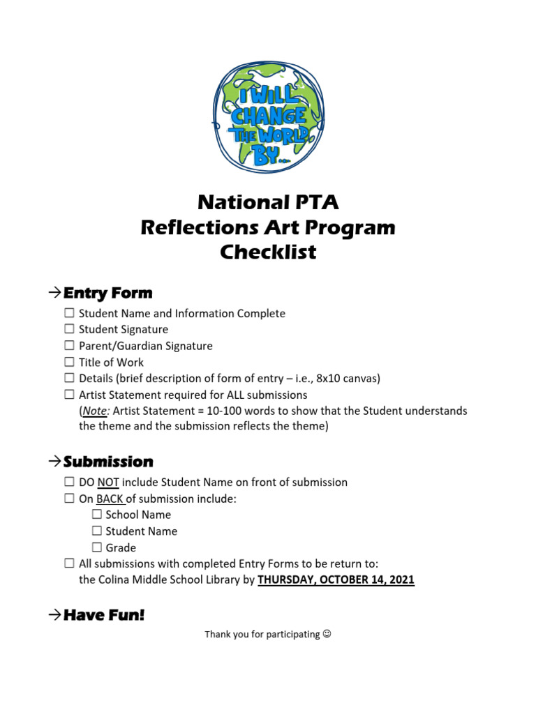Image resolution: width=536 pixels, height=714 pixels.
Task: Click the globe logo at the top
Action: point(268,117)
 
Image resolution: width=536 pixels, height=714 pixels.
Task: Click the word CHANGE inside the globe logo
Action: point(268,115)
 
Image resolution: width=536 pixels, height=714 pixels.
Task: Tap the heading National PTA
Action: point(268,202)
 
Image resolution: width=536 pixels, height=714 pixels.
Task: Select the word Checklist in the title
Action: point(268,252)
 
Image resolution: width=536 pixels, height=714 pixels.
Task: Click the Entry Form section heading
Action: point(107,293)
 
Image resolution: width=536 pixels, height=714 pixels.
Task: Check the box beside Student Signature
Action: point(69,329)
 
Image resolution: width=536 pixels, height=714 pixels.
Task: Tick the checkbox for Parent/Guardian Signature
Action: point(69,346)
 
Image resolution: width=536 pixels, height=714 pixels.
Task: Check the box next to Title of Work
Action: point(69,362)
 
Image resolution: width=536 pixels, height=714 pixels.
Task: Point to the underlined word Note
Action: point(95,411)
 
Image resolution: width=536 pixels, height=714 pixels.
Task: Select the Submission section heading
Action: point(108,462)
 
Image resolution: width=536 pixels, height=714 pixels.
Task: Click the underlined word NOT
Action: point(108,482)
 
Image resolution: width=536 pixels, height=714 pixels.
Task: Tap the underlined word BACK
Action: point(110,499)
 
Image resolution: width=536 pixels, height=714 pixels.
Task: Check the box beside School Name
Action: point(96,515)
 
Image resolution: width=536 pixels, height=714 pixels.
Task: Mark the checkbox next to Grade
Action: point(96,548)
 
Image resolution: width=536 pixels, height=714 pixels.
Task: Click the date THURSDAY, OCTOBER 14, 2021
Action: point(336,579)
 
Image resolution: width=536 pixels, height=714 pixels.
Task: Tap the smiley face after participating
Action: point(327,635)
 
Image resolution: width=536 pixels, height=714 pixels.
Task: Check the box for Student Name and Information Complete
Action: point(69,313)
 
